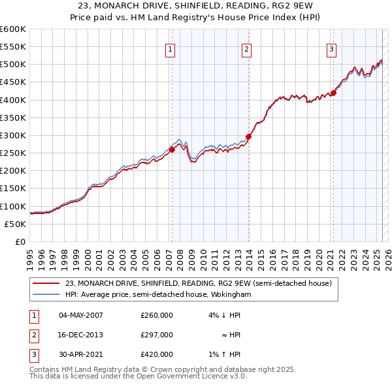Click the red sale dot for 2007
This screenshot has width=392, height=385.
pos(172,149)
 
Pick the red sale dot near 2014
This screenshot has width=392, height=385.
pos(248,136)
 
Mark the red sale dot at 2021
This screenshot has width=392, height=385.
pos(333,93)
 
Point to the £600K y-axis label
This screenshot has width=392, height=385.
pos(12,29)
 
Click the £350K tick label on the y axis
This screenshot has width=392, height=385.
pos(12,118)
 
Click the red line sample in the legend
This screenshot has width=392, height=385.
pos(45,283)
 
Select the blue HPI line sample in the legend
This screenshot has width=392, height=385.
pos(45,294)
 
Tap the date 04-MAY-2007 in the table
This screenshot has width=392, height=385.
pos(81,315)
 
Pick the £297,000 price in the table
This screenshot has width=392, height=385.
pos(157,335)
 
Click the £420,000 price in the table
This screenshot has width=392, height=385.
pos(157,354)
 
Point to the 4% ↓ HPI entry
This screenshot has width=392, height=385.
pos(225,315)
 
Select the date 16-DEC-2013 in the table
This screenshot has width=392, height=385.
pos(81,335)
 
